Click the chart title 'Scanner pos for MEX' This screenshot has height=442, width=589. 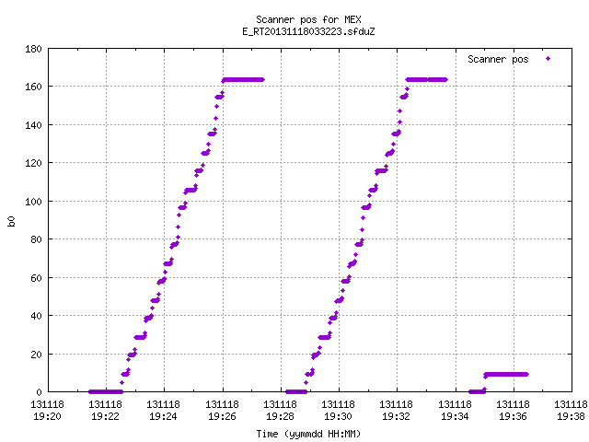point(308,19)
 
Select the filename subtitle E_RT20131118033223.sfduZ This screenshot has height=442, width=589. point(308,31)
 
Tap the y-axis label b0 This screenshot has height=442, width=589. point(11,221)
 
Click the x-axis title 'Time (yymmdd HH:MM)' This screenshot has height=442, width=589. point(308,434)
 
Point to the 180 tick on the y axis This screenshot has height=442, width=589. point(33,49)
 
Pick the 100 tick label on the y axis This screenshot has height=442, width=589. point(33,202)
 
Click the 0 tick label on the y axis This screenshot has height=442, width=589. point(39,392)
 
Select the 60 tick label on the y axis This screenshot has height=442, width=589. point(36,278)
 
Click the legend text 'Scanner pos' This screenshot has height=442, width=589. point(498,59)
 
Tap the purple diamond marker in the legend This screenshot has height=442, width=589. point(549,59)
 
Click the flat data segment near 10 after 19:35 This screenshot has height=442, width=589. point(506,375)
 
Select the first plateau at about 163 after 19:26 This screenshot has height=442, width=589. point(243,80)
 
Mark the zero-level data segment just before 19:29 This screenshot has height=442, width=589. point(296,392)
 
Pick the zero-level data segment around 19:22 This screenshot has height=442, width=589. point(106,392)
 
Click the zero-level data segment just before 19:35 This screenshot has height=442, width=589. point(477,392)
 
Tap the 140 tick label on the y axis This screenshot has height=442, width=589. point(33,125)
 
